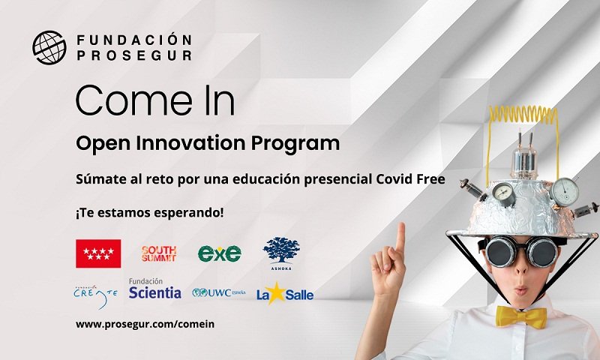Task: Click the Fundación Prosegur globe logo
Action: (49, 47)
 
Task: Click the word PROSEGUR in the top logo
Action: (134, 55)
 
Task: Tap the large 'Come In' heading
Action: (155, 100)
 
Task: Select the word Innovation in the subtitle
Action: (191, 143)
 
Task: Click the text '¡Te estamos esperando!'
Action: (149, 213)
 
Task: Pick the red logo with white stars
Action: (98, 253)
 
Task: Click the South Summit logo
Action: (159, 253)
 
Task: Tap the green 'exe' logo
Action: (220, 253)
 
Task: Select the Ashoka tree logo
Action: (281, 253)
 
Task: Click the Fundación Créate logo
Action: (96, 296)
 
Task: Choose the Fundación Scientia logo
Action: (155, 289)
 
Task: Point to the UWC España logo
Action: (219, 292)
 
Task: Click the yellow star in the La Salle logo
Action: (276, 292)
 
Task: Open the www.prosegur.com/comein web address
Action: (145, 325)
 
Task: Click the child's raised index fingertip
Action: (400, 226)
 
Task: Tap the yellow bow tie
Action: (521, 317)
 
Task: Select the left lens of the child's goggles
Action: (500, 251)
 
